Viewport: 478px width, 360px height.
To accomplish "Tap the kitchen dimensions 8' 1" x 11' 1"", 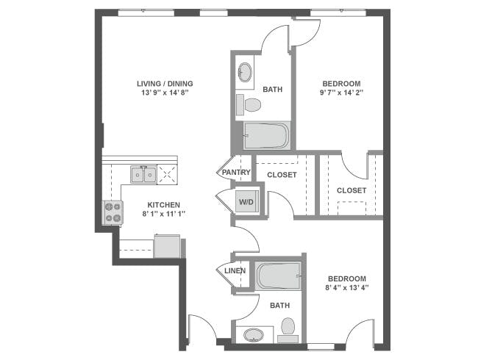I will click(163, 215).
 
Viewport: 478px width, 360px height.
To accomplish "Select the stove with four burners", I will click(113, 212).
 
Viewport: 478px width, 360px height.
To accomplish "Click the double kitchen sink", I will click(143, 175).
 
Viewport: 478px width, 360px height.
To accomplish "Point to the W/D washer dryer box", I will click(245, 201).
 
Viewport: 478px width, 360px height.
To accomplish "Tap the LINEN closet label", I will click(235, 270).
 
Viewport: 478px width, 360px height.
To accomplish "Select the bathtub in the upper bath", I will click(266, 137).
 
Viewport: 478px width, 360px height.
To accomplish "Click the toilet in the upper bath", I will click(252, 104).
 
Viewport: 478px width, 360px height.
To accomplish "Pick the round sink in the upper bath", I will click(244, 73).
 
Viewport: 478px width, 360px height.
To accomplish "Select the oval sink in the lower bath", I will click(254, 334).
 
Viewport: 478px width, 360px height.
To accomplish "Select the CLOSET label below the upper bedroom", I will click(352, 190).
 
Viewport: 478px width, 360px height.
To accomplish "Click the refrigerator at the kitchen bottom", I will click(167, 245).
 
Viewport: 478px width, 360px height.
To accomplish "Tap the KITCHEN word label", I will click(163, 204).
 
